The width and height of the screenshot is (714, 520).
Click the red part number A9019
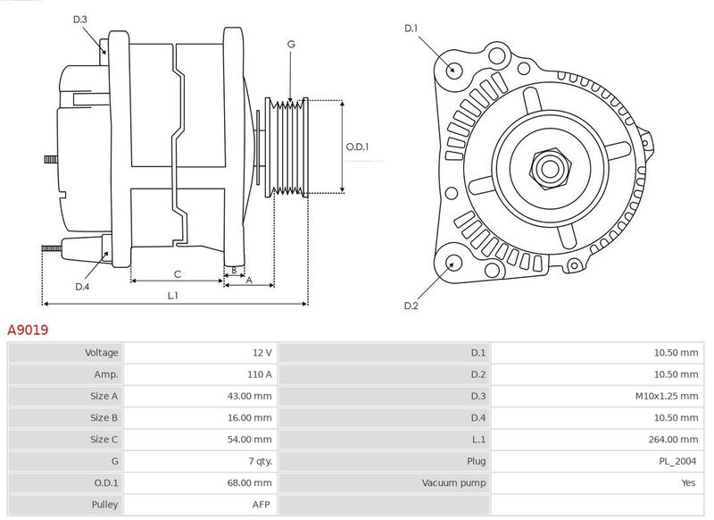28,330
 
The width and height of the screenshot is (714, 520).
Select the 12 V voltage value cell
262,353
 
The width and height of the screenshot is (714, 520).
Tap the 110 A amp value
259,374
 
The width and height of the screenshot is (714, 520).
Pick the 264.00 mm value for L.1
676,439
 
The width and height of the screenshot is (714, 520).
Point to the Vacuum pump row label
454,482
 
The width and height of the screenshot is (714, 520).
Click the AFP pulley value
262,504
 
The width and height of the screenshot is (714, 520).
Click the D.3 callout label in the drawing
80,19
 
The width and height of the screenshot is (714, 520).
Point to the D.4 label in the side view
82,286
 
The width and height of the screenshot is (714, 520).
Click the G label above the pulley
291,44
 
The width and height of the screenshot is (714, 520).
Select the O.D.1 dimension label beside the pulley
357,147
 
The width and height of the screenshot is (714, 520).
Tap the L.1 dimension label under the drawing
173,296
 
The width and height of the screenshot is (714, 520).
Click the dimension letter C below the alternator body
177,273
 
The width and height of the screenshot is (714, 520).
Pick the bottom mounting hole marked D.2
452,264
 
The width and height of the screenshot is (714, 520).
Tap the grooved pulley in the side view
288,146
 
